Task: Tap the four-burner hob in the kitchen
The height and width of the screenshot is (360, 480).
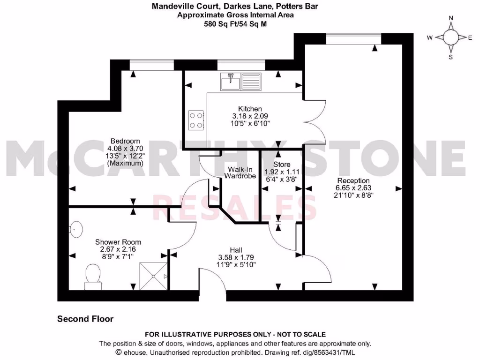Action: [x=196, y=120]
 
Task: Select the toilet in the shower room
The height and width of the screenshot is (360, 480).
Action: [x=93, y=276]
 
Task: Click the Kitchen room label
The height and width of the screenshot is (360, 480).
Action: [x=251, y=109]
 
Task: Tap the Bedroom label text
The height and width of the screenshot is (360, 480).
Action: [x=125, y=141]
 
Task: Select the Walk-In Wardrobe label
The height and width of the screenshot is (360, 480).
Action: [x=240, y=172]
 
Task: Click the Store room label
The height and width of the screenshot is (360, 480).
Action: [x=282, y=165]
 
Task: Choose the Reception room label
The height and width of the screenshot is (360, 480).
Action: [x=353, y=180]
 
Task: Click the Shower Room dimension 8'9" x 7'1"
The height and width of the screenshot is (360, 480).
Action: [x=118, y=257]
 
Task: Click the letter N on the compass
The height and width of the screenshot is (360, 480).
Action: [x=451, y=18]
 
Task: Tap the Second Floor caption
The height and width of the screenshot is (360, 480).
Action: [x=85, y=319]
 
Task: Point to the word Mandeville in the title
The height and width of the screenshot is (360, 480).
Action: [x=170, y=7]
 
